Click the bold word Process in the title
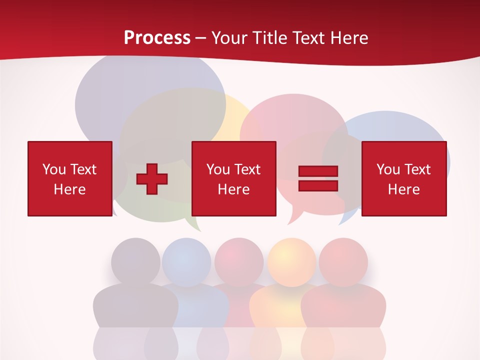[157, 38]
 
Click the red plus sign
[152, 179]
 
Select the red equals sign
[318, 178]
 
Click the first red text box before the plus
[69, 178]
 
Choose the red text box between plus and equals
[233, 178]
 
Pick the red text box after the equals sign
[403, 178]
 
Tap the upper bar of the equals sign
[318, 171]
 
